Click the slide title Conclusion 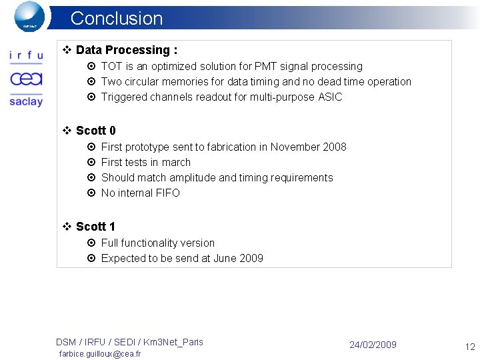[x=116, y=18]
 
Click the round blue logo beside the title [x=29, y=16]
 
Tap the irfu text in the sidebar [x=26, y=56]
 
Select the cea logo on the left [x=26, y=79]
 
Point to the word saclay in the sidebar [x=26, y=101]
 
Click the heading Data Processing [x=126, y=50]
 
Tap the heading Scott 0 [x=95, y=131]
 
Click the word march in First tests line [x=176, y=163]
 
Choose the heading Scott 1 [x=95, y=227]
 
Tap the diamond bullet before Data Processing [x=67, y=50]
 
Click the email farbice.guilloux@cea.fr [x=100, y=354]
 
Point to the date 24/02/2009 [x=373, y=345]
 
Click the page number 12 [x=469, y=346]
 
